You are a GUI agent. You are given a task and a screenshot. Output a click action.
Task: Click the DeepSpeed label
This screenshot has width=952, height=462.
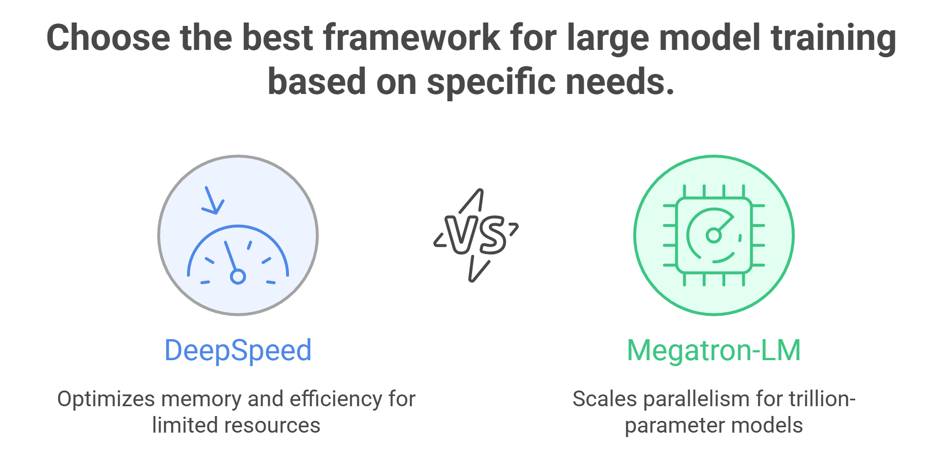tap(238, 350)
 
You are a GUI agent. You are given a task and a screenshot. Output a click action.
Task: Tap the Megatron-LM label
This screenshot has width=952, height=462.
tap(714, 350)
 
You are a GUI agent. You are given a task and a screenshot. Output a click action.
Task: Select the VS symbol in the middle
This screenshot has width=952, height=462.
tap(476, 235)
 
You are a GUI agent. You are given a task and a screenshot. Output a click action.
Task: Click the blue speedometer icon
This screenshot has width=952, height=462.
tap(238, 254)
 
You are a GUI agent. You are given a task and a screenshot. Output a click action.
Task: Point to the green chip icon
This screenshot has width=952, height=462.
tap(714, 235)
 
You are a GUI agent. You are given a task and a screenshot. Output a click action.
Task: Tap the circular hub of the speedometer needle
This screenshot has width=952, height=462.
tap(238, 277)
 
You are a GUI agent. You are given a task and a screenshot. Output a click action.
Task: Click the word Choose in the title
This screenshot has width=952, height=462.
tap(108, 38)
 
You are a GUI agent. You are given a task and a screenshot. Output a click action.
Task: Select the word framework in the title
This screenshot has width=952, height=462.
tap(412, 38)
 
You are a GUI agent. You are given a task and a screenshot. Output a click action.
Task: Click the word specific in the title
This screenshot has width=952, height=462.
tap(490, 82)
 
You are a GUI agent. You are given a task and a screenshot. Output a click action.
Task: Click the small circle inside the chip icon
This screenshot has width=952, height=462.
tap(714, 236)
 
